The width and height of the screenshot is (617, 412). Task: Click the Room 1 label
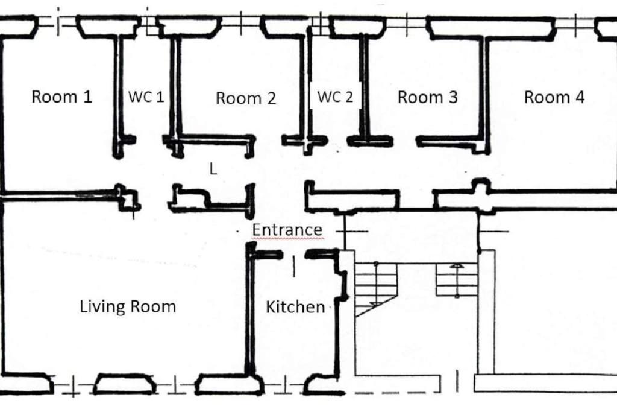tap(61, 97)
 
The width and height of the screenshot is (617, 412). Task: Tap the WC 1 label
tap(146, 97)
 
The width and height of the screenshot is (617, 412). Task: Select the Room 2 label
tap(246, 98)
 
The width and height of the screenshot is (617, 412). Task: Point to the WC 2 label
tap(335, 97)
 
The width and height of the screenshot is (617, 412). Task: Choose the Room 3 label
tap(428, 97)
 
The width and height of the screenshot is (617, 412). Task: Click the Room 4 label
tap(554, 97)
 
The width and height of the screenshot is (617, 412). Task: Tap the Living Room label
tap(128, 306)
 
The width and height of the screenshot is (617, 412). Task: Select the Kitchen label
tap(295, 307)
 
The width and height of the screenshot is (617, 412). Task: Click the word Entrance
tap(287, 230)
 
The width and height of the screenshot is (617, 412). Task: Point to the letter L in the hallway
tap(213, 170)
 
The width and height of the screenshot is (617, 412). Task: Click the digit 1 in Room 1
tap(87, 97)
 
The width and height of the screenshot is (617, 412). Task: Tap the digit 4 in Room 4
tap(580, 97)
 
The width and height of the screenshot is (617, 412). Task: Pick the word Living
tap(102, 307)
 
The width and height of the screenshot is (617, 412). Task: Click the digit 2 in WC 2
tap(349, 97)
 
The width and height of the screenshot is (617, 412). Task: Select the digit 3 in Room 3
tap(453, 97)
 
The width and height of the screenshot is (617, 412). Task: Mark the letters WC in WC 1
tap(139, 97)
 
